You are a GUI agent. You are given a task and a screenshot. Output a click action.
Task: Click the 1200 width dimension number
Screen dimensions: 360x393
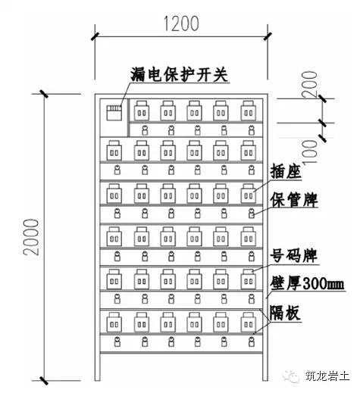[x=181, y=24]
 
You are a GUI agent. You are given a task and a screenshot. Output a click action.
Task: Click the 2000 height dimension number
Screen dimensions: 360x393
[x=31, y=237]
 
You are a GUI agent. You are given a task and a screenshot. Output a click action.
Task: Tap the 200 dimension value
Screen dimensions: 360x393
[x=310, y=84]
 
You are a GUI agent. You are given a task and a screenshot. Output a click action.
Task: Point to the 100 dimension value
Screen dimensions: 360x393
[x=310, y=153]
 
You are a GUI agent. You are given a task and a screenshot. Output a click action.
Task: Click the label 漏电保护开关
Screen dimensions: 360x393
[x=180, y=74]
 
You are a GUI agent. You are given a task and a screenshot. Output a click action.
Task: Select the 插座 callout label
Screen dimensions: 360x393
[x=286, y=171]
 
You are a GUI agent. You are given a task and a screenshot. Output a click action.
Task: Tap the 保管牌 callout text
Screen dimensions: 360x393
[x=294, y=200]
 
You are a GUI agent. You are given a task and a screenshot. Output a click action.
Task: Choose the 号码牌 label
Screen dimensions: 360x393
[x=294, y=256]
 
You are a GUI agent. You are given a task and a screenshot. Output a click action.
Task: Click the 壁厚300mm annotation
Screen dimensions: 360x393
[x=307, y=284]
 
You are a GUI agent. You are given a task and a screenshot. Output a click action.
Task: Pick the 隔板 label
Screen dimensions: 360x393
[x=285, y=313]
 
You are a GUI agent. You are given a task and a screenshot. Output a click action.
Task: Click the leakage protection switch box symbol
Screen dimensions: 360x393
[x=114, y=113]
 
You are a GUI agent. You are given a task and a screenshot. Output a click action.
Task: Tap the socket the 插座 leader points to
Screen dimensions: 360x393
[x=248, y=194]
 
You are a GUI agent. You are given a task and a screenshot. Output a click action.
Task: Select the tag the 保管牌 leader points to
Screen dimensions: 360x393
[x=251, y=214]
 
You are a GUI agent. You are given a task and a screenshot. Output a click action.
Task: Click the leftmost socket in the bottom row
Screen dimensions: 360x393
[x=114, y=322]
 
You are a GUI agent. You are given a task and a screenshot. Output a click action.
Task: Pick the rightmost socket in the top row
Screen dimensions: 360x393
[x=248, y=111]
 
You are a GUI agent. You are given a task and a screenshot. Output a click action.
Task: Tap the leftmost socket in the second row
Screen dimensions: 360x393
[x=114, y=151]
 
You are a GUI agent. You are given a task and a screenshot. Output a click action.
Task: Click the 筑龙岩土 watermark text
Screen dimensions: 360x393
[x=327, y=376]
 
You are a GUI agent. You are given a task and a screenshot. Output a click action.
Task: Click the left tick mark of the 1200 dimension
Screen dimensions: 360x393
[x=95, y=36]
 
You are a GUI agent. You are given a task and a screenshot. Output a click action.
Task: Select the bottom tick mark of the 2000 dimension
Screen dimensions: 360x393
[x=44, y=381]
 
